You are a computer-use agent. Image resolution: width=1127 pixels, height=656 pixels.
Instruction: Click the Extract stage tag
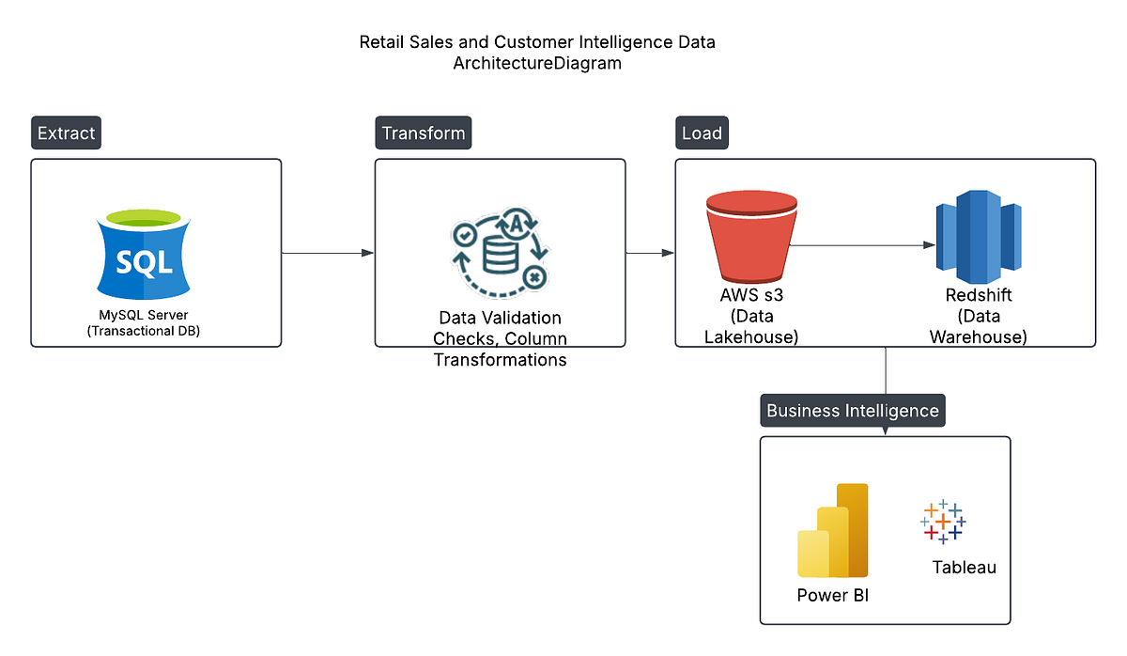pos(66,133)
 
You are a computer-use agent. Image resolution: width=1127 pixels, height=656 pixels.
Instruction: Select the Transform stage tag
pos(423,133)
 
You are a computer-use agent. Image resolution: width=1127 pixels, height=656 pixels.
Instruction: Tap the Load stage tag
pos(702,133)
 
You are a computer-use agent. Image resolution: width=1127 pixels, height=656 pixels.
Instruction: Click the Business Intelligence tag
pos(852,411)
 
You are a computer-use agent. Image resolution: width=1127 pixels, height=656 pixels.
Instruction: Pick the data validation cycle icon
pos(499,252)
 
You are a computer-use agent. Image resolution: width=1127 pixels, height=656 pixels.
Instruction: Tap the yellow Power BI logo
pos(833,531)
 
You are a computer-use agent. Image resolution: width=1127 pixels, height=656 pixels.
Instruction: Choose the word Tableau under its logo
pos(964,568)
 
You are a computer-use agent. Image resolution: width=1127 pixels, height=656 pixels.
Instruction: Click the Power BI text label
pos(833,595)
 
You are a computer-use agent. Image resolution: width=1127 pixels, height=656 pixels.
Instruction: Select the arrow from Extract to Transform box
pos(328,253)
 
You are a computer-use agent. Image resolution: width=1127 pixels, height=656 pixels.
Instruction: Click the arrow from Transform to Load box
pos(650,253)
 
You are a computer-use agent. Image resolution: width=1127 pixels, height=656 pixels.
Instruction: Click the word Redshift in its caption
pos(978,296)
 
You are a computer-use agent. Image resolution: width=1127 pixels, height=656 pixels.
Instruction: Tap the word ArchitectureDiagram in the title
pos(537,64)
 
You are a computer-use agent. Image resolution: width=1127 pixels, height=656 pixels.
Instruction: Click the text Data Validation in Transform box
pos(500,318)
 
